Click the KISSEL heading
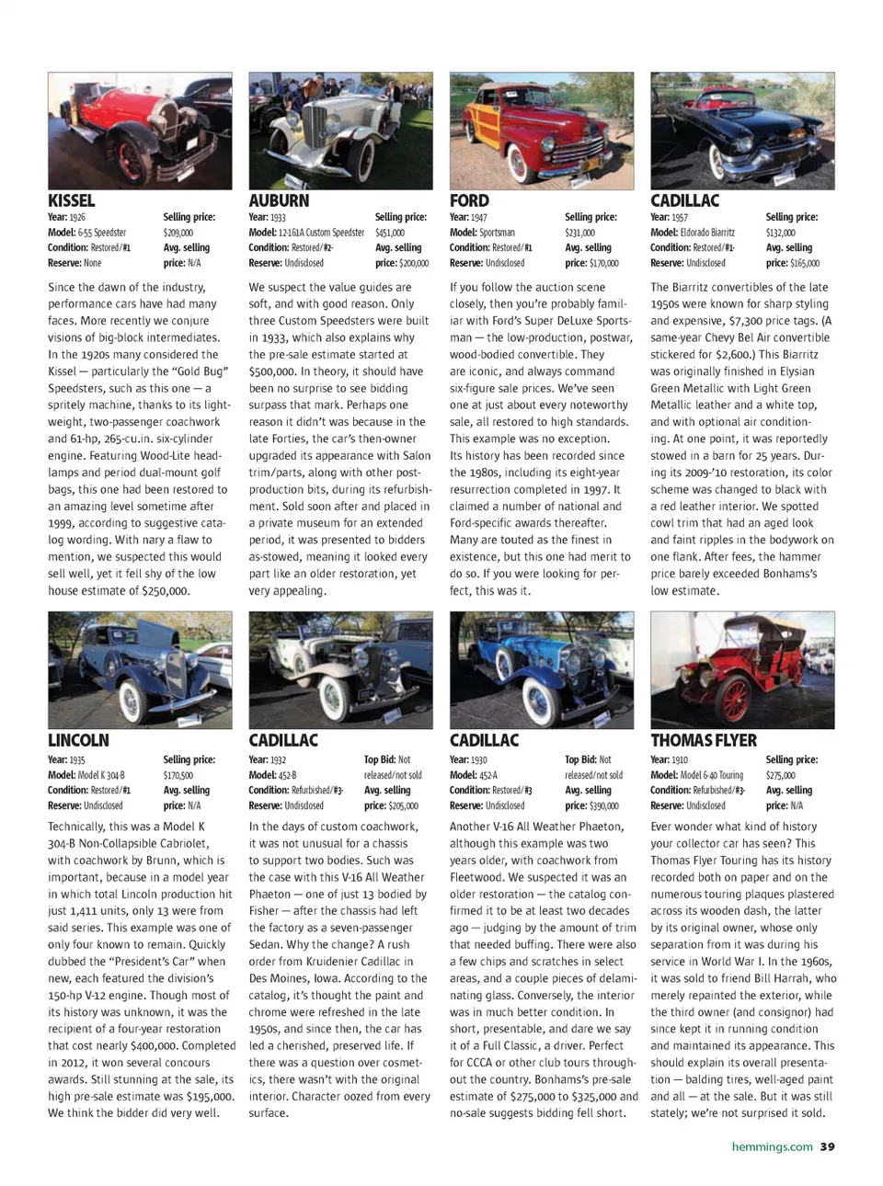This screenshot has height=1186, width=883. click(72, 200)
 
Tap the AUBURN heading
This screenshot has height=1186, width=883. click(279, 200)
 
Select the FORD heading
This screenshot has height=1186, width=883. click(469, 200)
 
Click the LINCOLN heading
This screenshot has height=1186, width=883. click(78, 740)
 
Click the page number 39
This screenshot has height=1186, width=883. click(828, 1146)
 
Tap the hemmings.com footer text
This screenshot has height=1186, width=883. click(772, 1146)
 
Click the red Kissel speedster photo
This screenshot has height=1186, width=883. click(140, 131)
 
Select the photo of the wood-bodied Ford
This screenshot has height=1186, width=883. click(542, 131)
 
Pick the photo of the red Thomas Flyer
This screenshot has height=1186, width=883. click(742, 670)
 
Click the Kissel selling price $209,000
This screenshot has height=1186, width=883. click(178, 233)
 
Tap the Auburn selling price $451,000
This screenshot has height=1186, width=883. click(390, 233)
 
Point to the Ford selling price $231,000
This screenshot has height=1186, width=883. click(580, 233)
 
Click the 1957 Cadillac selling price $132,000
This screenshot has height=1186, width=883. click(780, 233)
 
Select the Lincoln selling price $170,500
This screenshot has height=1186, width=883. click(178, 775)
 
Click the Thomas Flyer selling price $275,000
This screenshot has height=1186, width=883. click(781, 775)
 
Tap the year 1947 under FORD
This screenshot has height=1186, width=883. click(478, 217)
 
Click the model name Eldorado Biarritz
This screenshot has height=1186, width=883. click(707, 233)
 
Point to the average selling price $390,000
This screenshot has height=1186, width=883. click(602, 805)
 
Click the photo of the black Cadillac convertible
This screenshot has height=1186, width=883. click(742, 131)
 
